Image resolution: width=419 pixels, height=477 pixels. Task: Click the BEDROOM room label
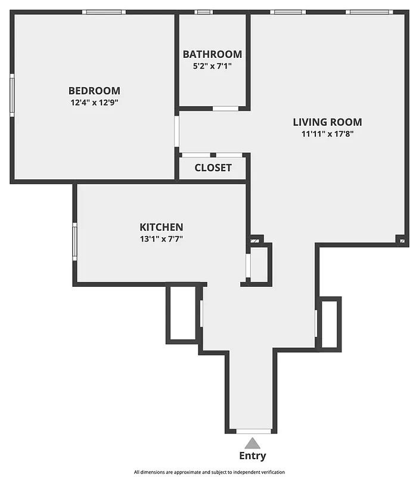tap(94, 91)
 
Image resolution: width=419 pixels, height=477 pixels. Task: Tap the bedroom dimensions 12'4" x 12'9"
tap(94, 102)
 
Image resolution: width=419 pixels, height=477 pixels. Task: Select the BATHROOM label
tap(212, 54)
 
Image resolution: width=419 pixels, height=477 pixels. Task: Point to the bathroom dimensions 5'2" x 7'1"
tap(212, 66)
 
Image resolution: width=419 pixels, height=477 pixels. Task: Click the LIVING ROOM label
tap(327, 122)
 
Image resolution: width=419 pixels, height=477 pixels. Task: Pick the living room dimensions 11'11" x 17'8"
tap(327, 134)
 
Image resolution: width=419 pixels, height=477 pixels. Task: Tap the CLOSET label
tap(213, 168)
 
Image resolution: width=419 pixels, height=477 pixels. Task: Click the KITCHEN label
tap(161, 227)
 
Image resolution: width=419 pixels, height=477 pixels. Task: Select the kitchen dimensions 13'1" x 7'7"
tap(161, 238)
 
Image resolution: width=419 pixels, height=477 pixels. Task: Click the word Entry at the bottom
tap(253, 456)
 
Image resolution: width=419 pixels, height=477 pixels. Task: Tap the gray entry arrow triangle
tap(253, 443)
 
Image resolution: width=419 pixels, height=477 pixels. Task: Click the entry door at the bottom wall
tap(254, 430)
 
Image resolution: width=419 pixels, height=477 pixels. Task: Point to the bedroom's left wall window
tap(12, 94)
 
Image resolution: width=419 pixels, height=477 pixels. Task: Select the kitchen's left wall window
tap(75, 241)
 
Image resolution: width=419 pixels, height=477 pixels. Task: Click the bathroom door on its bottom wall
tap(225, 109)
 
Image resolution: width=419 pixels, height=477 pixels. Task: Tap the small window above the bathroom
tap(204, 12)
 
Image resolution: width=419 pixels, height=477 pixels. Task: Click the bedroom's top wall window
tap(104, 12)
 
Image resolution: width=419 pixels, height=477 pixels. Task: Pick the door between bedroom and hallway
tap(177, 131)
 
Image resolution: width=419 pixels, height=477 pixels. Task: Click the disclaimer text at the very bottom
tap(209, 472)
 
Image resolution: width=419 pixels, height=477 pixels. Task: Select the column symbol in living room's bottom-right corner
tap(402, 241)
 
